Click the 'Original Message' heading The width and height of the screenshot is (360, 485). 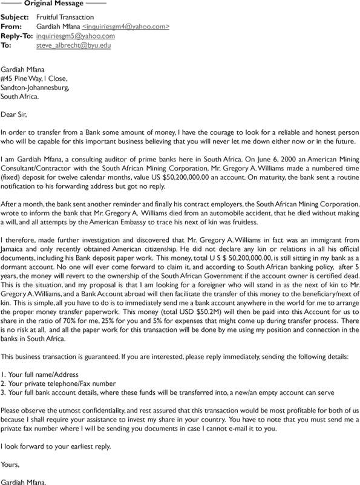(53, 4)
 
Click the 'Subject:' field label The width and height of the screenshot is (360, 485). (15, 18)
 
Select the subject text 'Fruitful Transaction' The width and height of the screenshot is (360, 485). (65, 18)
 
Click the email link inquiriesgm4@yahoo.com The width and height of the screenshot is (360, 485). (126, 27)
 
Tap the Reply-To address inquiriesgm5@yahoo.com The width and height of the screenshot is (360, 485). (76, 36)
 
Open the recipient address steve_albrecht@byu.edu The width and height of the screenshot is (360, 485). (73, 45)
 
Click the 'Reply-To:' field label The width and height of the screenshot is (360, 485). (17, 36)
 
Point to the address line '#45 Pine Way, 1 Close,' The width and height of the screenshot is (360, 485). (34, 78)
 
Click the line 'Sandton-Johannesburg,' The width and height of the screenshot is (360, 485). (35, 87)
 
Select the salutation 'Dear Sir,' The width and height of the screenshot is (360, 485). (14, 114)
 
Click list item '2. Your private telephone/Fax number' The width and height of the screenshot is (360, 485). (58, 383)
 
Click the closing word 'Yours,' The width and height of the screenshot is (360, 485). (10, 464)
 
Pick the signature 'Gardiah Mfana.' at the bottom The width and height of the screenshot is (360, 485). (24, 481)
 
